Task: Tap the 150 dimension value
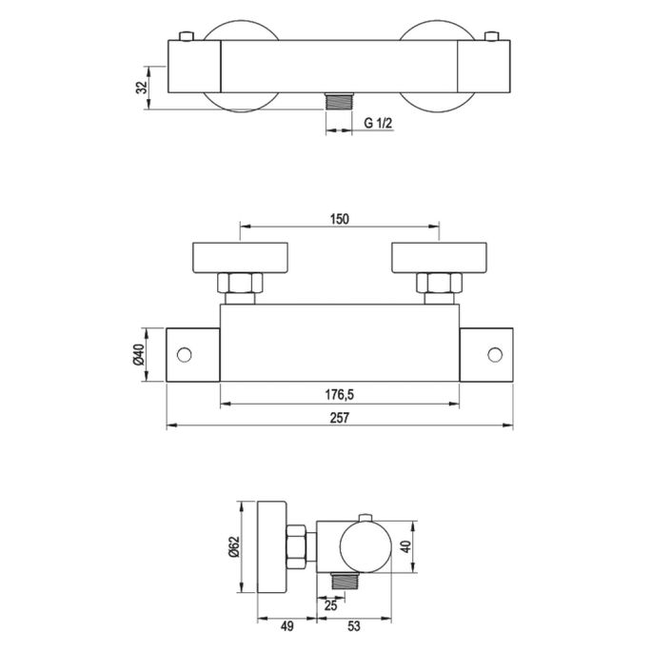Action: (x=340, y=219)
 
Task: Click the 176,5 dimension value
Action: (x=340, y=395)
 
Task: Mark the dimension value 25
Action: (x=331, y=604)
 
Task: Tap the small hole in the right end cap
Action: (x=494, y=355)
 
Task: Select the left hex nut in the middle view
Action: (x=238, y=284)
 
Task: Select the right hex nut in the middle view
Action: (x=440, y=284)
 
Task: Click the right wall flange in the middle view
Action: (x=441, y=257)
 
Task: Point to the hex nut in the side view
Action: (x=301, y=546)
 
